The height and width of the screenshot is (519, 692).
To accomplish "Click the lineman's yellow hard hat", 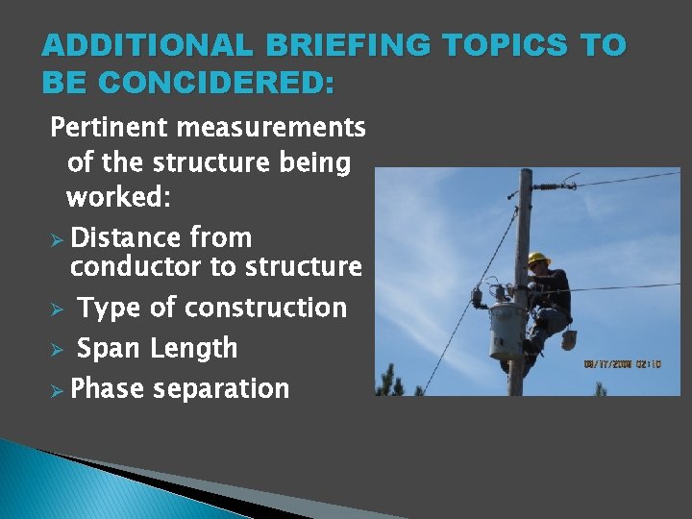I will click(x=538, y=259).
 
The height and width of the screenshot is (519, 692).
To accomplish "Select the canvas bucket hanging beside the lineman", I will click(x=569, y=338).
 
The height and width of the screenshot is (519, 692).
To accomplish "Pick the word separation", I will click(x=221, y=389).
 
